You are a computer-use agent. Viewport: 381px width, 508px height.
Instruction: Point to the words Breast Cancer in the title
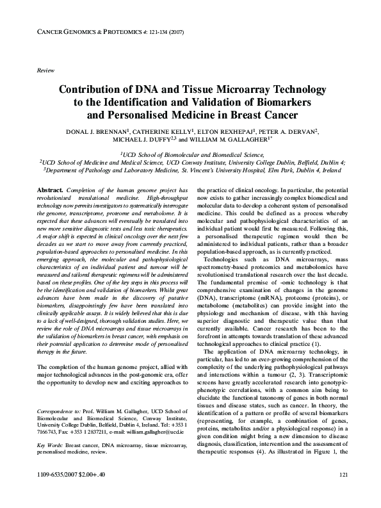click(248, 115)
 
